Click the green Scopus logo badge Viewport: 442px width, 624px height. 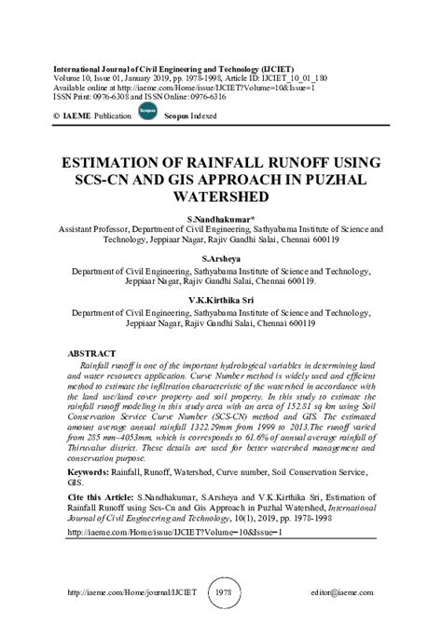point(144,111)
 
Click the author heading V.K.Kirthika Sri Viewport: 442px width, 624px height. point(221,302)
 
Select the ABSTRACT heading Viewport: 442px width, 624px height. point(86,355)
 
